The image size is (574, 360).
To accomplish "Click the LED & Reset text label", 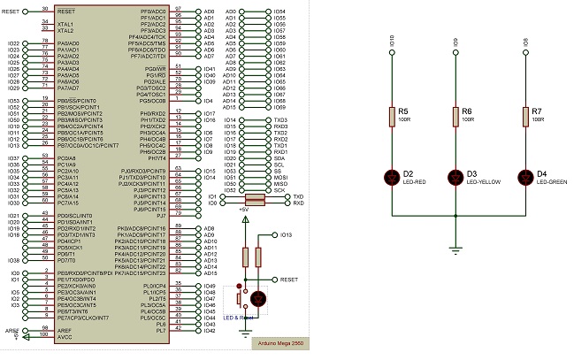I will pos(239,318).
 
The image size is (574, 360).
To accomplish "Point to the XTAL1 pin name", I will pos(65,24).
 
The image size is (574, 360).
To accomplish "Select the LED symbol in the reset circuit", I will pos(258,298).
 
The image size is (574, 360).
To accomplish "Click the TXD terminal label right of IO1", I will pos(298,195).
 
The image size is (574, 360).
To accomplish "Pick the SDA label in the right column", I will pos(279,157).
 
